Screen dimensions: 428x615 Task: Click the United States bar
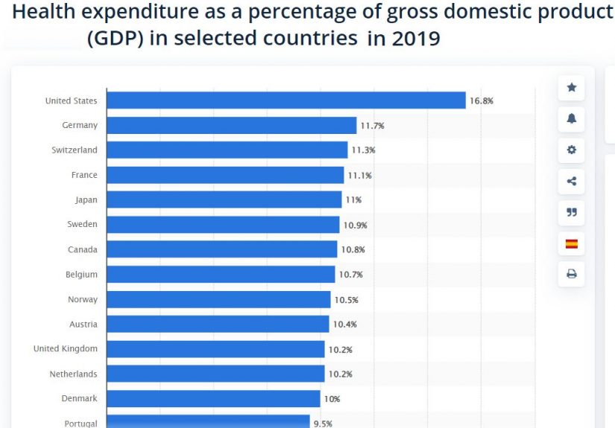[286, 100]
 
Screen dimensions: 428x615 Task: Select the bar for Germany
[232, 125]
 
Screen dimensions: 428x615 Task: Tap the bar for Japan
[224, 199]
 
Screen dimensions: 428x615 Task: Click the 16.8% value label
[482, 100]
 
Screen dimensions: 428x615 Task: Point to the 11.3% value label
[363, 150]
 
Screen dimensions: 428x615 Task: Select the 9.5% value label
[323, 424]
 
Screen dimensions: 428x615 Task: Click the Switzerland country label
[75, 150]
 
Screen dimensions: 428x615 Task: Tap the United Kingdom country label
[66, 348]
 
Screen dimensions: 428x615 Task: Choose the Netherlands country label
[73, 374]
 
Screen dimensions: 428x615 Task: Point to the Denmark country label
[80, 398]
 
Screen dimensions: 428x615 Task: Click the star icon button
[572, 88]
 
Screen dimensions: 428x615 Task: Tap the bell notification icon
[572, 119]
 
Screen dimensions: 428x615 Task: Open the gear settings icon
[572, 150]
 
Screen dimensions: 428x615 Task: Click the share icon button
[572, 181]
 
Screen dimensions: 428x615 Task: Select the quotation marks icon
[572, 212]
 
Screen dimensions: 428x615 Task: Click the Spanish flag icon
[572, 243]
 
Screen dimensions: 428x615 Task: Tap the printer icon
[572, 274]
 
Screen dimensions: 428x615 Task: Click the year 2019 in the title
[414, 39]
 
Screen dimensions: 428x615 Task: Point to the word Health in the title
[42, 13]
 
